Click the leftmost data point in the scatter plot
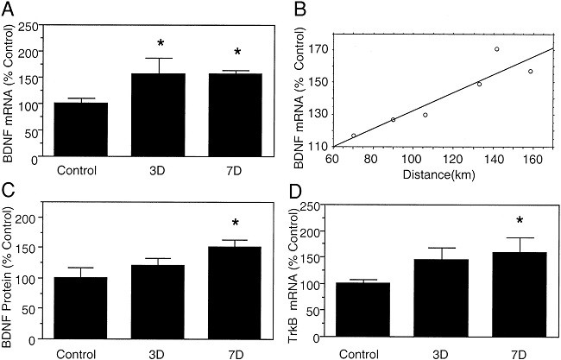click(354, 136)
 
